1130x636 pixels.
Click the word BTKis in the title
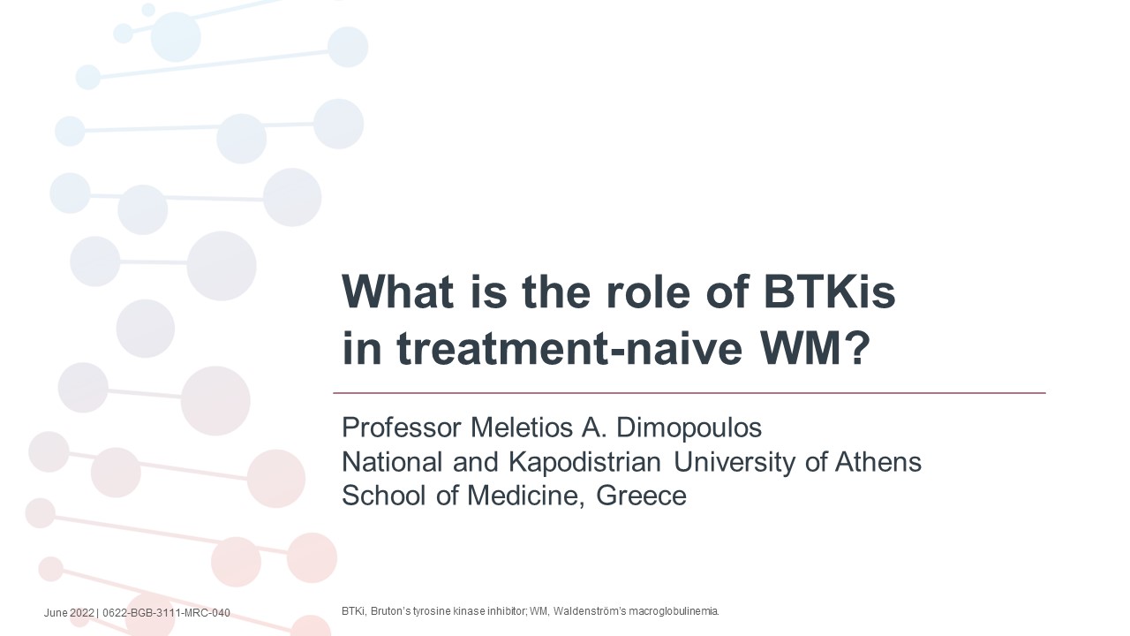coord(830,291)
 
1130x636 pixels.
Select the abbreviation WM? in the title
coord(815,348)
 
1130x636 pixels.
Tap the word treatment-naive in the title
coord(570,348)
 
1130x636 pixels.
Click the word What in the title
coord(397,291)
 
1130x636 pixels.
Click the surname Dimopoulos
coord(689,428)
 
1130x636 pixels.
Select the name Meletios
coord(521,428)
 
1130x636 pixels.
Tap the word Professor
coord(402,428)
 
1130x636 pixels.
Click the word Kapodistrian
coord(584,462)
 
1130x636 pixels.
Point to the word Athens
coord(878,461)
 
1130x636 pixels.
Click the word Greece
coord(641,496)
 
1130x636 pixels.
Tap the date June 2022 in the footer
coord(69,613)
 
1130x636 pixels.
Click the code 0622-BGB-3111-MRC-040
coord(166,613)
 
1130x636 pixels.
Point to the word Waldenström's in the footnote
coord(590,611)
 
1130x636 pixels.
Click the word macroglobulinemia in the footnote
coord(674,611)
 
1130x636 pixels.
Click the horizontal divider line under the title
coord(689,393)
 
